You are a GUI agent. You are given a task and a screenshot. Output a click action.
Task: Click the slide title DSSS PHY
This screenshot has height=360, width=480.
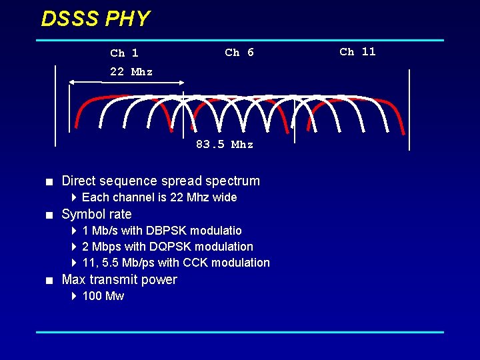click(95, 19)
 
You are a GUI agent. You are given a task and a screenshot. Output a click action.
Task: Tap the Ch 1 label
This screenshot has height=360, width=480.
click(124, 53)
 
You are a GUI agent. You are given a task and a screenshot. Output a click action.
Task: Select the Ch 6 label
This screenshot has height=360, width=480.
click(239, 53)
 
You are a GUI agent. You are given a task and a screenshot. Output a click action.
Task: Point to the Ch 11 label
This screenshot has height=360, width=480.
click(357, 52)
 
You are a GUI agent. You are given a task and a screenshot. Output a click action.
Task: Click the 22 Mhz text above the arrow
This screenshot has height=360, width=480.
click(131, 72)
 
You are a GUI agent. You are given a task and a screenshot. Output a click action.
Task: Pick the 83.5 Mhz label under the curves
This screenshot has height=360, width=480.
click(225, 145)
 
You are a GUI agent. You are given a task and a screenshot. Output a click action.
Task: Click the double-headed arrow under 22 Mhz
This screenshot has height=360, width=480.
click(127, 82)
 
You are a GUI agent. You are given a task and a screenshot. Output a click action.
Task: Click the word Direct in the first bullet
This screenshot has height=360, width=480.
click(79, 181)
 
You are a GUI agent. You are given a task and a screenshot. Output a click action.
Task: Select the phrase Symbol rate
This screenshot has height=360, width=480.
click(97, 215)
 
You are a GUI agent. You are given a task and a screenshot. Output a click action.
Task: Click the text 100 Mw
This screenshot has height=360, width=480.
click(103, 296)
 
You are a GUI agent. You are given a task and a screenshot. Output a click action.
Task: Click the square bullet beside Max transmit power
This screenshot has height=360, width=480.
click(49, 280)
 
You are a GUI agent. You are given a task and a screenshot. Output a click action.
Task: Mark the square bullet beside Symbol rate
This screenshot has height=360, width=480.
click(49, 215)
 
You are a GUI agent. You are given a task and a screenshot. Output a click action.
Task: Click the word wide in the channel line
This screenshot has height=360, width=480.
click(225, 197)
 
